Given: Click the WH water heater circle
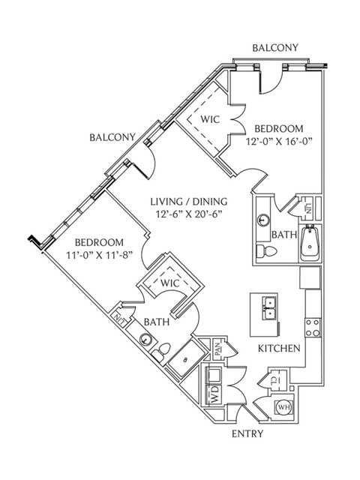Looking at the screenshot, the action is click(x=283, y=407).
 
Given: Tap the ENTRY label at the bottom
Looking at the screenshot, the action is click(x=247, y=433).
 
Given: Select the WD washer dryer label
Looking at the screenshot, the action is click(x=215, y=394).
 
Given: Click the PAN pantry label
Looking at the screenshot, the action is click(x=217, y=349).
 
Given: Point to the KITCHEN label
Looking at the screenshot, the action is click(x=279, y=348).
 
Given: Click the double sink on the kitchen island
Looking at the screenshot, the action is click(x=269, y=308).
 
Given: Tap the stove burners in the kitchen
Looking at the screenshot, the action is click(x=313, y=328).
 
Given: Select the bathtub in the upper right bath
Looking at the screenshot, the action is click(x=310, y=243).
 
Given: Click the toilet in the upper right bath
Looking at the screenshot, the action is click(x=266, y=251).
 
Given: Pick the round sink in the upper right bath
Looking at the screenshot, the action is click(x=262, y=220).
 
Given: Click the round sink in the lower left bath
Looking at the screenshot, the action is click(x=145, y=340).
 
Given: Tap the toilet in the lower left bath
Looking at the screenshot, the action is click(x=161, y=352).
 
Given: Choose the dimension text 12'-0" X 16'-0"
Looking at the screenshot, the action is click(x=279, y=142).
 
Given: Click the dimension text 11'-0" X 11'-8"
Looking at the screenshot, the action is click(x=100, y=255).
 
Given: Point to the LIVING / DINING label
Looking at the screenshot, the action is click(x=189, y=202).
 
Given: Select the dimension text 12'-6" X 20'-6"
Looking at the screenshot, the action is click(x=189, y=214).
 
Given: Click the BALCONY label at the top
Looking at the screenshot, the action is click(x=275, y=48).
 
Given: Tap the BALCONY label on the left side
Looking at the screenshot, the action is click(x=112, y=137).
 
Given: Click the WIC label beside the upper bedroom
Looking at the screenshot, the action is click(x=210, y=119).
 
